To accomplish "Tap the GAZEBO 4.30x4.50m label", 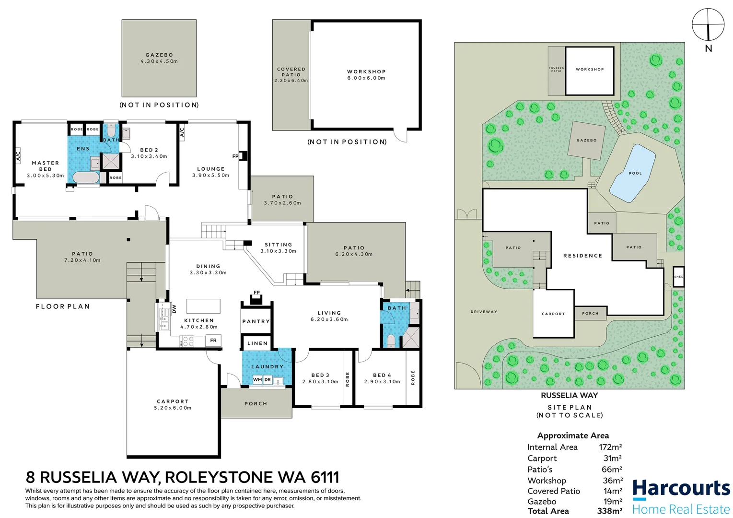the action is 159,58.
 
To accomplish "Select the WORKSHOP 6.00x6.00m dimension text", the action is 366,78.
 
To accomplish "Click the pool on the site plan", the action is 632,173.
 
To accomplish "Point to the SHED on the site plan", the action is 678,277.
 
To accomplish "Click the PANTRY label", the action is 256,321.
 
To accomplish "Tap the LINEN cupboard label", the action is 257,343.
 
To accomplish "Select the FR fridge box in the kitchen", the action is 213,341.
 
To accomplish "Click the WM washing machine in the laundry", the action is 257,380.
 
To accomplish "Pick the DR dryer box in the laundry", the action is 268,380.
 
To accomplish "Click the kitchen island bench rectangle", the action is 203,306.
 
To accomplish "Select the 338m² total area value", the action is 609,511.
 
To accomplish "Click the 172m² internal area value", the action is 610,447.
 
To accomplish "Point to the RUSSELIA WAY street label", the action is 570,395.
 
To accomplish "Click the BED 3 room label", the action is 320,375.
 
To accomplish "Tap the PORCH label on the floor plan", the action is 256,404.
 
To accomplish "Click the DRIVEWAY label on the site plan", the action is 484,312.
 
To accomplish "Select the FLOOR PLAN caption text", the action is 63,306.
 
